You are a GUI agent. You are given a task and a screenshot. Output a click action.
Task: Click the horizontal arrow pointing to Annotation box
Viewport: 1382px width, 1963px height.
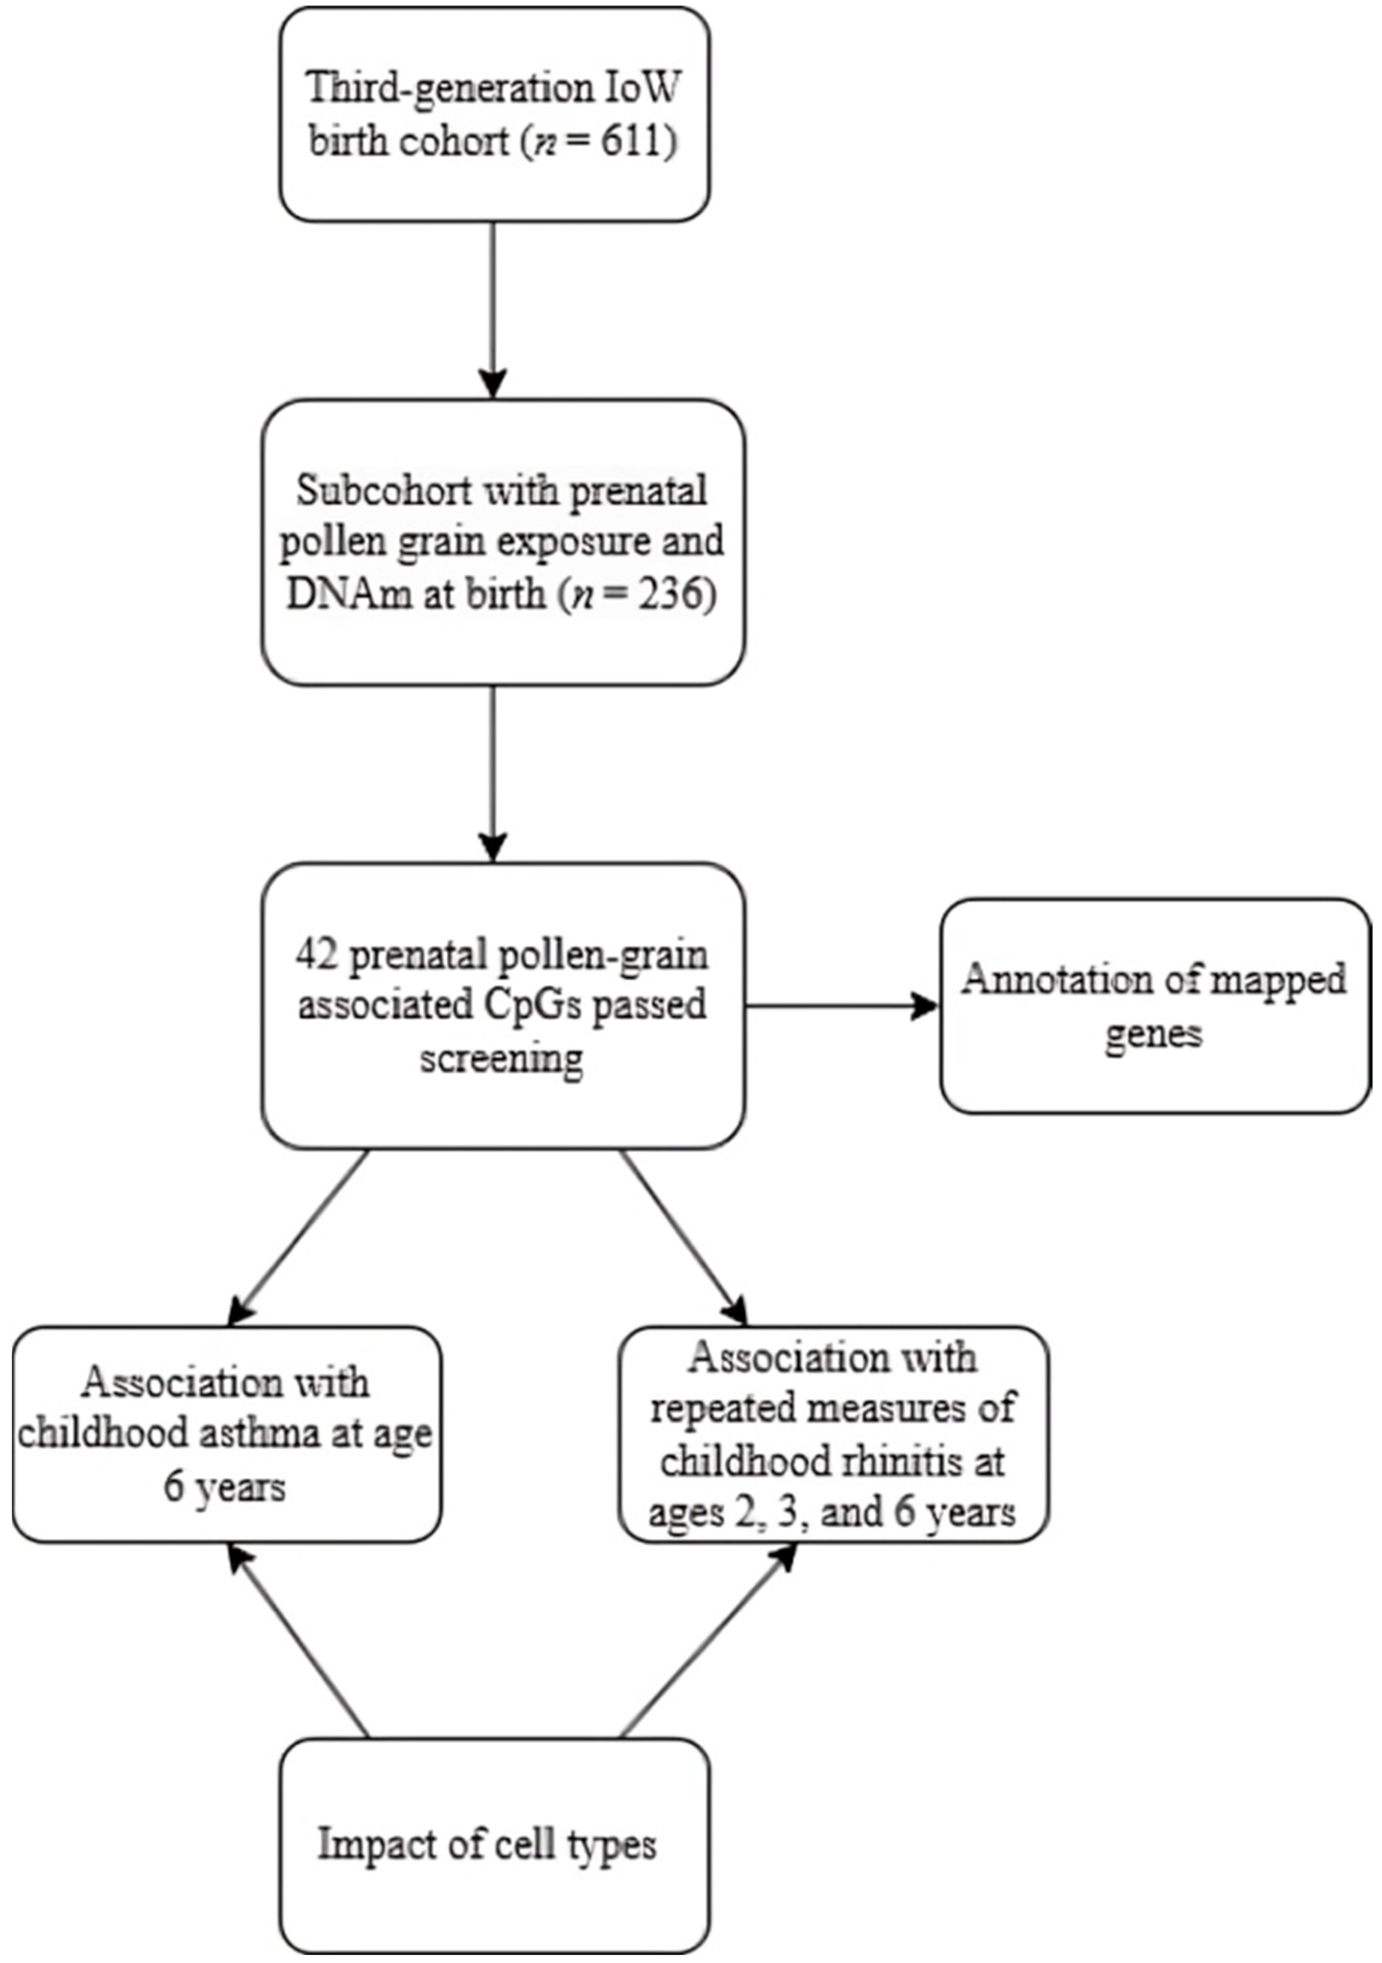point(842,1005)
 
